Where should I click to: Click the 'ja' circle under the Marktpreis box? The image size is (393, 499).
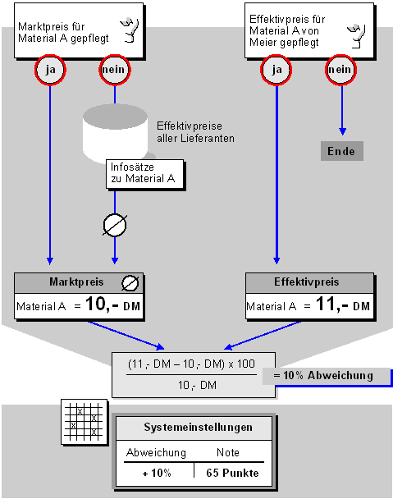coord(50,70)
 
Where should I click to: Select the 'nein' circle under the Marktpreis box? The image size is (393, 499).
coord(115,70)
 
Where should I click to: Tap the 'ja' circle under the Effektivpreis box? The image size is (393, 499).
coord(276,70)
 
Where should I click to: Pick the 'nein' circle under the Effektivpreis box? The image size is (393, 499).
coord(340,70)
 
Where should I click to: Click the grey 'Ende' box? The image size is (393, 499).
coord(342,151)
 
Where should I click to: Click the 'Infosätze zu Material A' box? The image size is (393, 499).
coord(144,174)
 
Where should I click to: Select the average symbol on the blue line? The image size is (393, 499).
coord(115,226)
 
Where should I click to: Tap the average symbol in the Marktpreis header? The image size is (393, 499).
coord(130,283)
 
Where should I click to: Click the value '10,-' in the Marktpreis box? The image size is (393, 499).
coord(102,304)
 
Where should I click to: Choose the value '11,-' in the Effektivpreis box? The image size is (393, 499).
coord(332,304)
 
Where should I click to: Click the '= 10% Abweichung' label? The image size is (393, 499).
coord(323,376)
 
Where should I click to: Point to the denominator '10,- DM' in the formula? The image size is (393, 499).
coord(197,386)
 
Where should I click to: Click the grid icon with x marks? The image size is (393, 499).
coord(85,421)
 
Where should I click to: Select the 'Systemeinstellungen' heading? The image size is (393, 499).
coord(198,427)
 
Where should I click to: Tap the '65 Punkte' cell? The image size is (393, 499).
coord(232,473)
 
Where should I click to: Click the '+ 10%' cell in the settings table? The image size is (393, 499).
coord(157,474)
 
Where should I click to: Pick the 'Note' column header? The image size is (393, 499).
coord(228,452)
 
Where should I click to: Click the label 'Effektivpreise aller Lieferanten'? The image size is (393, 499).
coord(195,132)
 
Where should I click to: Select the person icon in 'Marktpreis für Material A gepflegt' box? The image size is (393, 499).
coord(130,30)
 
